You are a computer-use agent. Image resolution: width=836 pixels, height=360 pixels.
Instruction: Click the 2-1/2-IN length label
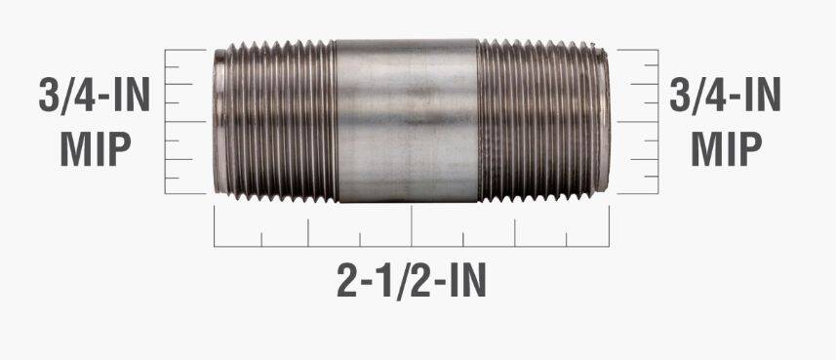(x=411, y=282)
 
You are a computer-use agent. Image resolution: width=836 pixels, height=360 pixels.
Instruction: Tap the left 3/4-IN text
(x=94, y=95)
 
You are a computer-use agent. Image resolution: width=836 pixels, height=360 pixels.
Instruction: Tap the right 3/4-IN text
(x=725, y=95)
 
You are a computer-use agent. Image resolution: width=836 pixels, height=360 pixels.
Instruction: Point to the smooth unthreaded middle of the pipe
(x=407, y=121)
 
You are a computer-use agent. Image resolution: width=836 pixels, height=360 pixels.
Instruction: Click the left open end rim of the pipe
(x=219, y=121)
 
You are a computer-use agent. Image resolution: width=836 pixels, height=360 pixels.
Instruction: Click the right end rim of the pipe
(x=604, y=120)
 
